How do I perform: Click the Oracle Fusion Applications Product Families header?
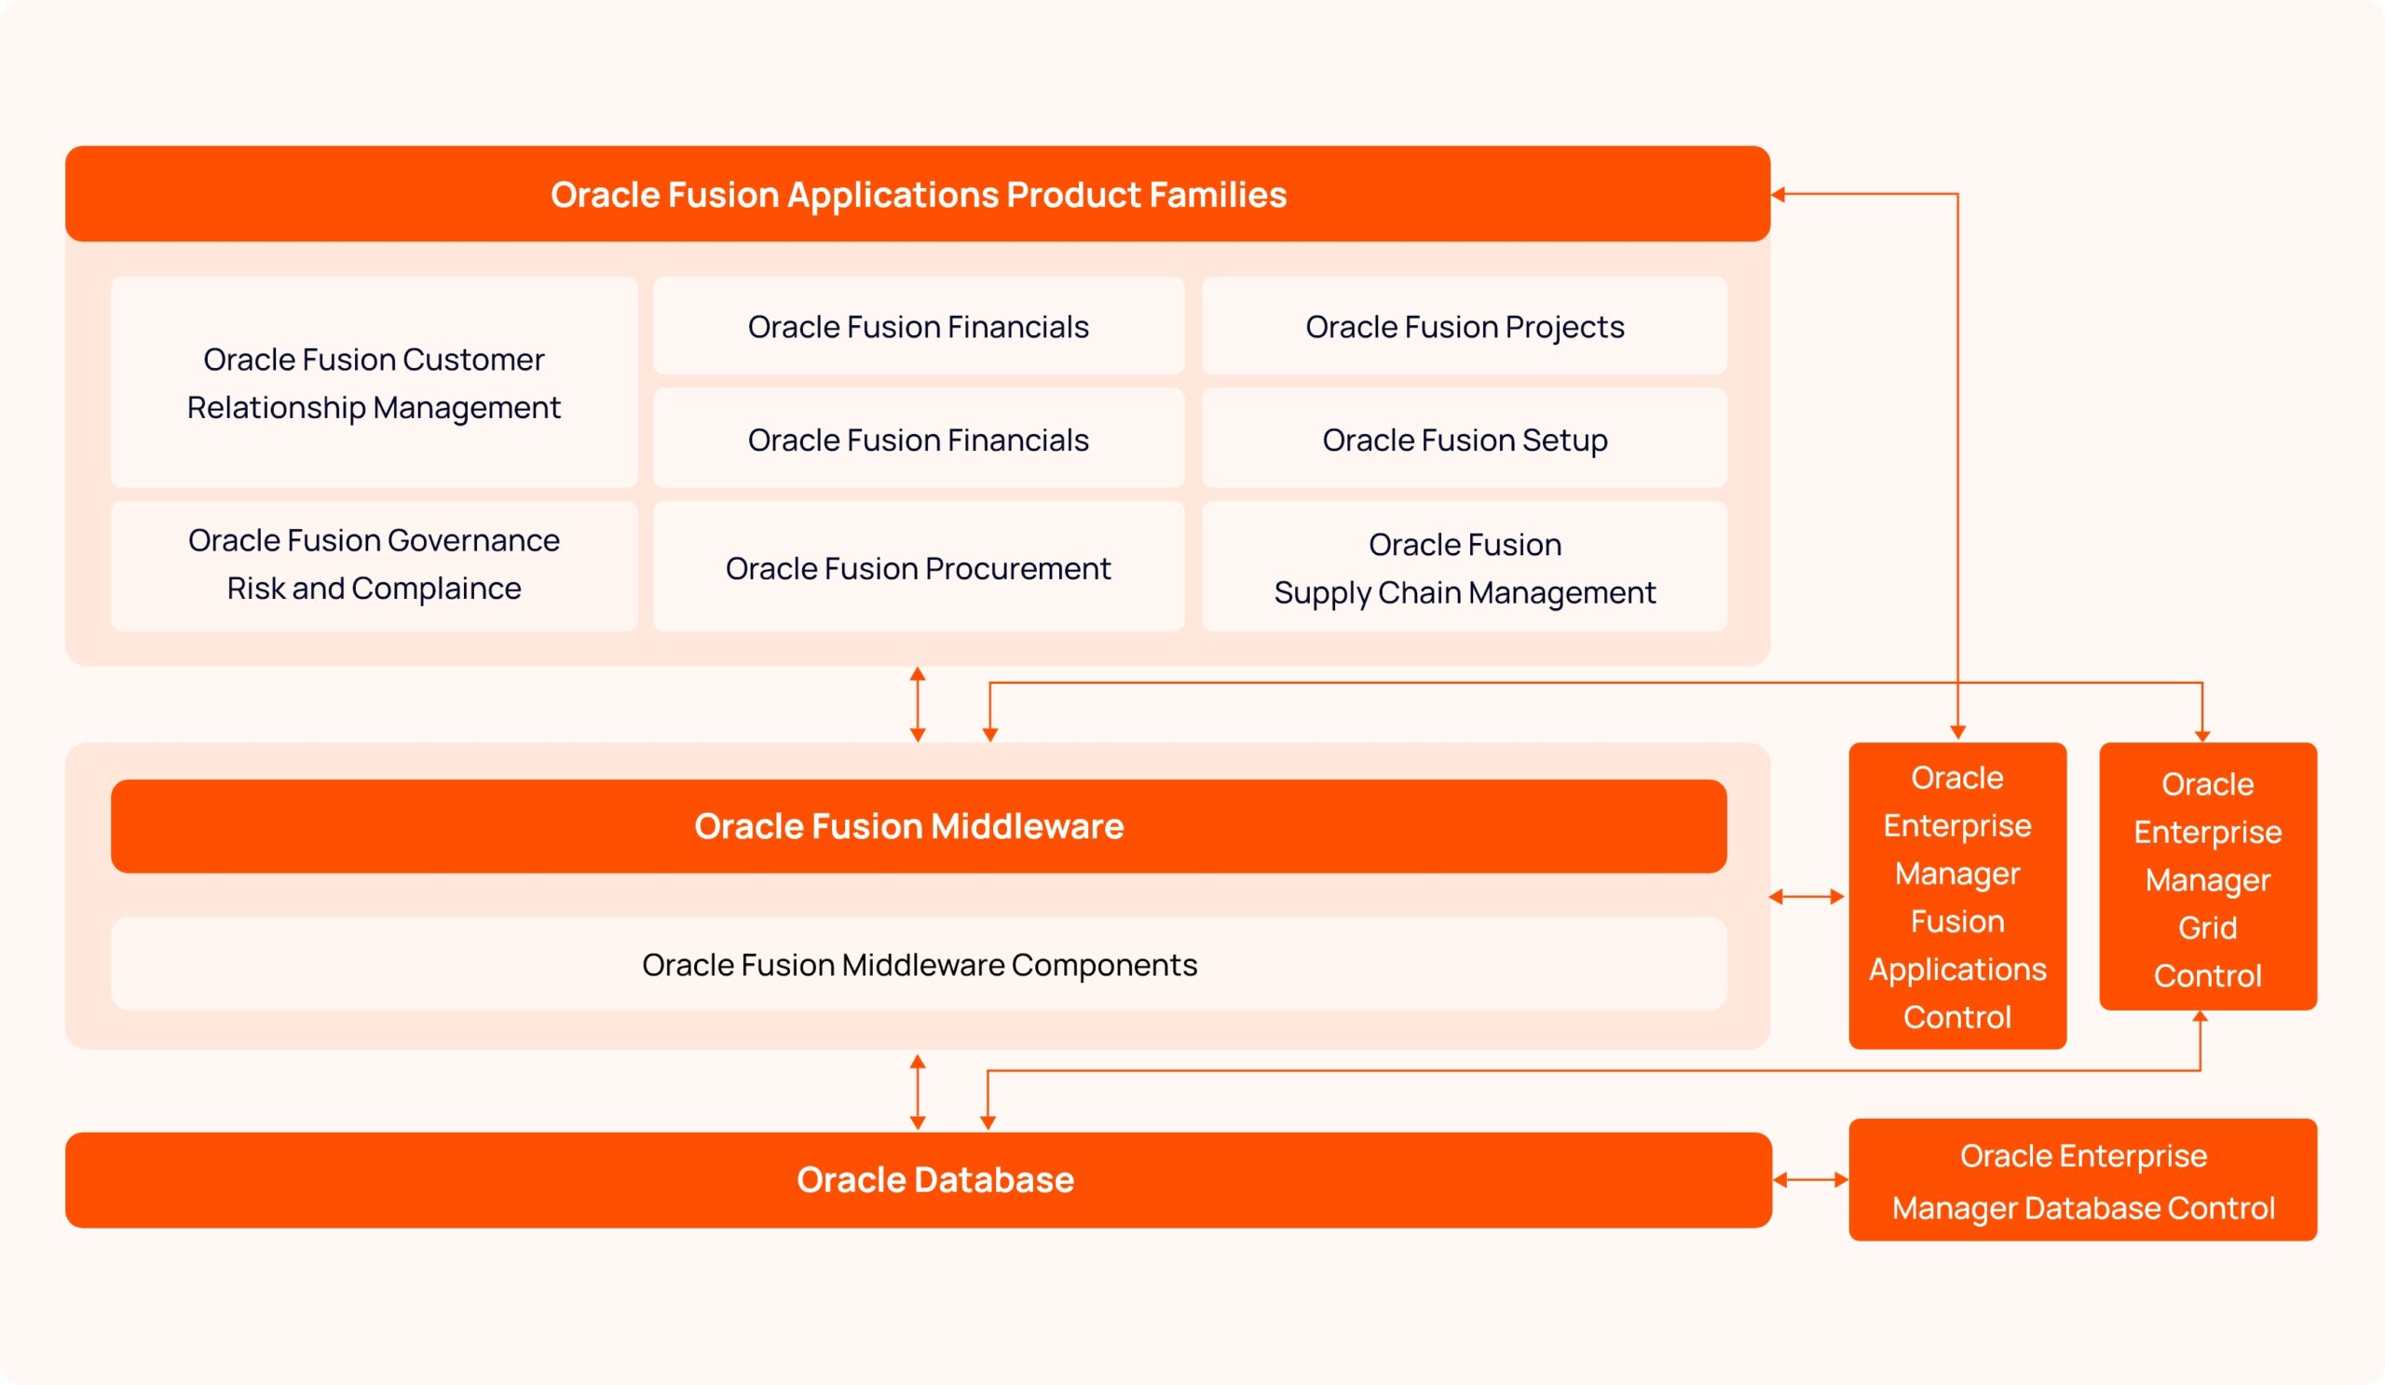point(917,194)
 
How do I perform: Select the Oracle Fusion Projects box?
point(1464,326)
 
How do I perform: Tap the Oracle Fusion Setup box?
point(1464,440)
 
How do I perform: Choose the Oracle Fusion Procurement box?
point(917,567)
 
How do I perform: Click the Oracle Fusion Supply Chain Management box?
point(1464,567)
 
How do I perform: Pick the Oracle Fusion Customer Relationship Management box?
point(374,383)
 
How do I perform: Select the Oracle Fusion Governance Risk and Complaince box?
point(374,564)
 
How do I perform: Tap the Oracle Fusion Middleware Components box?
point(917,964)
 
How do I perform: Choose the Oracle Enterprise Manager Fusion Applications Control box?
point(1956,896)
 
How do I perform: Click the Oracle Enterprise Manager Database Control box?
point(2082,1180)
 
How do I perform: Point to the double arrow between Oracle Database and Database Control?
point(1809,1180)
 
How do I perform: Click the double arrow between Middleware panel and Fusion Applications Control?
point(1806,897)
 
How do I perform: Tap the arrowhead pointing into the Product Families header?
point(1779,195)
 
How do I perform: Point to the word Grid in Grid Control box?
point(2207,927)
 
